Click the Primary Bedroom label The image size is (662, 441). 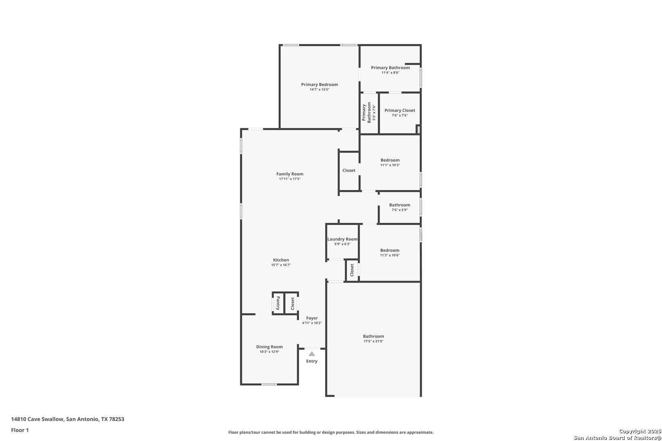pos(319,85)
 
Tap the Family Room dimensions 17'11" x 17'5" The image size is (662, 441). pos(290,179)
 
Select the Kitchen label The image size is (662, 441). pos(281,260)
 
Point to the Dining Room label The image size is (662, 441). pos(269,347)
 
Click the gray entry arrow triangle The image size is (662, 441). pos(312,354)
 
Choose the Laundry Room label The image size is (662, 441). pos(342,239)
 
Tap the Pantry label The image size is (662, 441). pos(278,303)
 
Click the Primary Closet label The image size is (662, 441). pos(400,111)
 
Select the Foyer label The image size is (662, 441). pos(312,318)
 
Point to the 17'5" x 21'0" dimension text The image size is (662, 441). pos(373,341)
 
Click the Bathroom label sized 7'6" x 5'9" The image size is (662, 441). pos(400,205)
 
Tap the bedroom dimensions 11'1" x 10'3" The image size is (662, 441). pos(390,165)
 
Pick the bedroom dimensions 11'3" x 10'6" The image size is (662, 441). pos(389,255)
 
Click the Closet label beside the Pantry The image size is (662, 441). pos(293,304)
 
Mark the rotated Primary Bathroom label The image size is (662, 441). pos(367,113)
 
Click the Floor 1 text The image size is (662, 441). pos(20,430)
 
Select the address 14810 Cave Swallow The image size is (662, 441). pos(37,419)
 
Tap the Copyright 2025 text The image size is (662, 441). pos(640,431)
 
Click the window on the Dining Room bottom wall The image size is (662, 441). pos(269,384)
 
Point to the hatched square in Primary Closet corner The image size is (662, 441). pos(418,129)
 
